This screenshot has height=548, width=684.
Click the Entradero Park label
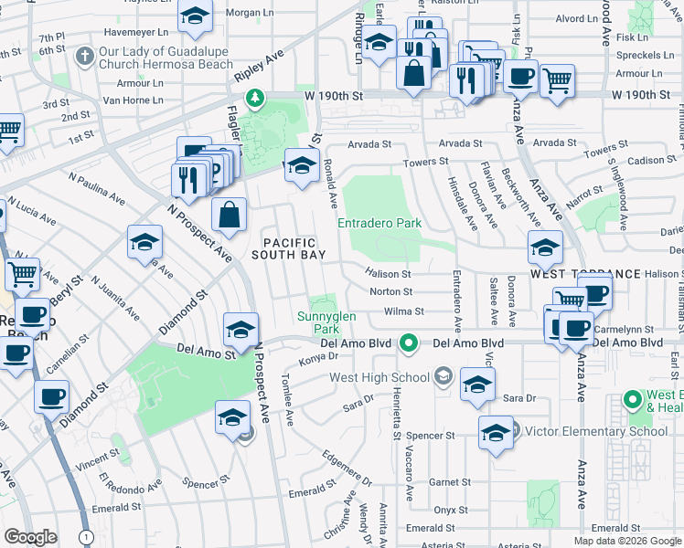379,223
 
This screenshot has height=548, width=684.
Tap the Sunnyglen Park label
319,322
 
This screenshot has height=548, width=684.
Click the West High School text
379,377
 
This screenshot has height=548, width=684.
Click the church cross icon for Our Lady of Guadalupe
84,57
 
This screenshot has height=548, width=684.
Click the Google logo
30,537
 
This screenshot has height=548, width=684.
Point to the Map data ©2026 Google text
627,541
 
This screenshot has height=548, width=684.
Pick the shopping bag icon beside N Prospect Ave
229,216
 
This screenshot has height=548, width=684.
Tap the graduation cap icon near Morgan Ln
195,17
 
